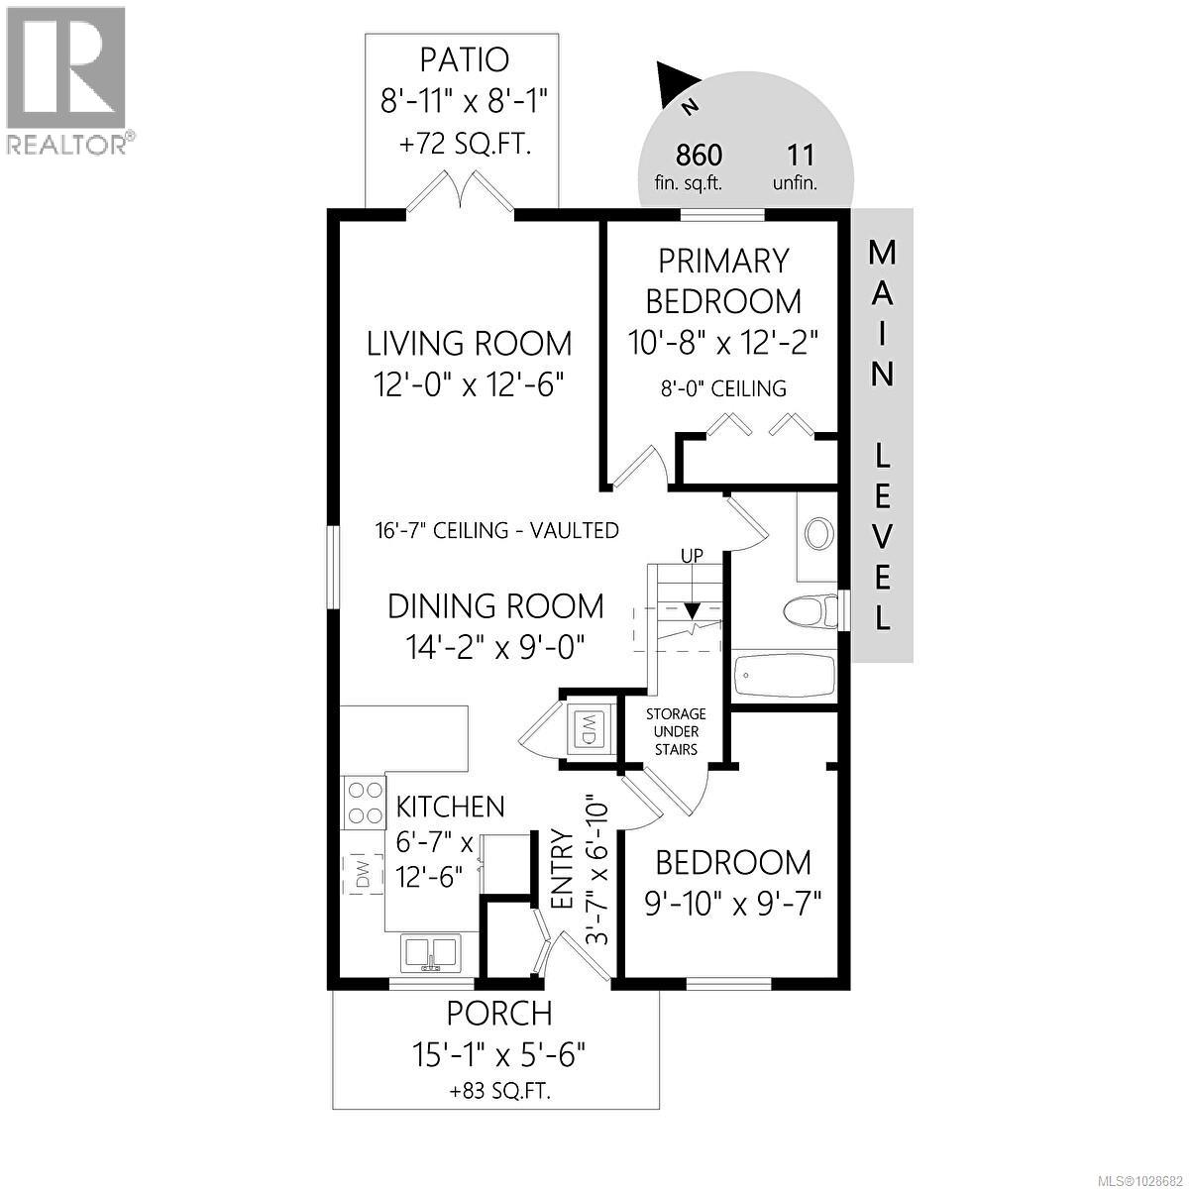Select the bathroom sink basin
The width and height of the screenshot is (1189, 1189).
point(818,534)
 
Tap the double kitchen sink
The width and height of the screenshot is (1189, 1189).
point(430,953)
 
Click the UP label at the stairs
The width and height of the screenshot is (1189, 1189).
point(692,556)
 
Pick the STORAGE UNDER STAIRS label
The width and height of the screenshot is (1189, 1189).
point(676,731)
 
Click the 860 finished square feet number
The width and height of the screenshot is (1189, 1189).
point(699,156)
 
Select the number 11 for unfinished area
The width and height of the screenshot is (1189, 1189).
point(799,156)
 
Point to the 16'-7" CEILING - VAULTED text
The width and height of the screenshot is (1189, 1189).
point(497,530)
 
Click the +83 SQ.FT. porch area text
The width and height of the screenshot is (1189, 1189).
point(500,1092)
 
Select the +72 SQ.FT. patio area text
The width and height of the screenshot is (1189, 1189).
point(465,145)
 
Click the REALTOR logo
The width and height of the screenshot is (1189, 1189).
point(66,80)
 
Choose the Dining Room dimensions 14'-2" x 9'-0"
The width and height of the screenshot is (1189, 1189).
point(494,647)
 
